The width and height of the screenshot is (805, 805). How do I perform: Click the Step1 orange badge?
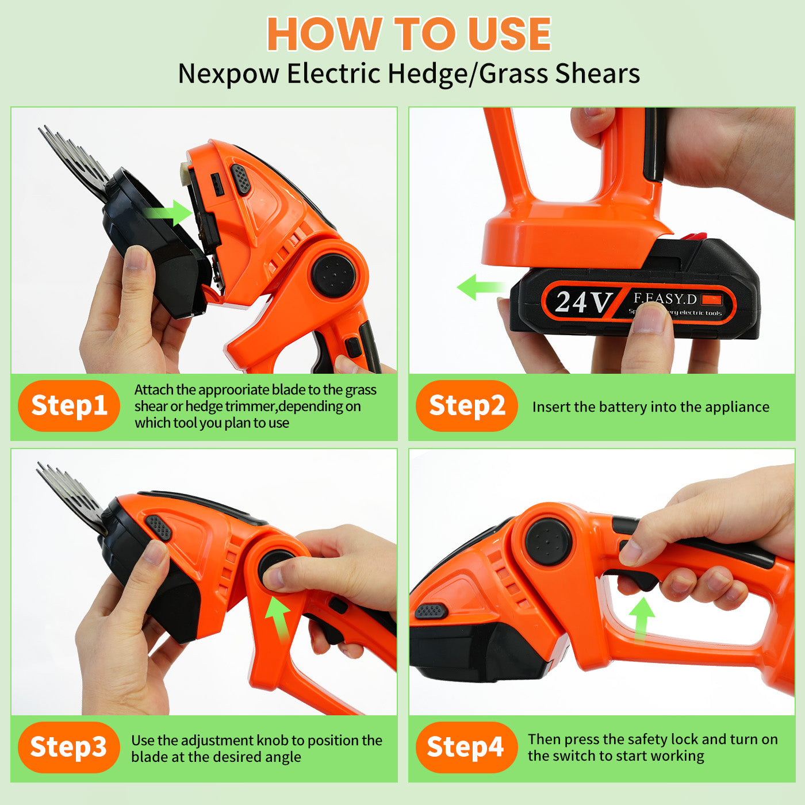pyautogui.click(x=69, y=405)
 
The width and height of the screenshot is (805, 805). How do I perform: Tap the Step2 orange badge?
pyautogui.click(x=467, y=405)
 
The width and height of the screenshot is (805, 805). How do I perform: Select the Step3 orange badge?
pyautogui.click(x=69, y=747)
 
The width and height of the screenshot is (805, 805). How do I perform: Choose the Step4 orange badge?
pyautogui.click(x=467, y=747)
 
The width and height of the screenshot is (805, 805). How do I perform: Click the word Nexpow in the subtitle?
pyautogui.click(x=228, y=74)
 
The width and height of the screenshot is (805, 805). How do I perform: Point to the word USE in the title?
pyautogui.click(x=509, y=34)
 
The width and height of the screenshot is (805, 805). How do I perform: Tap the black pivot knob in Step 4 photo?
pyautogui.click(x=548, y=542)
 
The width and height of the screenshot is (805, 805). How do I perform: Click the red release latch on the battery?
pyautogui.click(x=693, y=236)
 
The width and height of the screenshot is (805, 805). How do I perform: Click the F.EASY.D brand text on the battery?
pyautogui.click(x=665, y=298)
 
